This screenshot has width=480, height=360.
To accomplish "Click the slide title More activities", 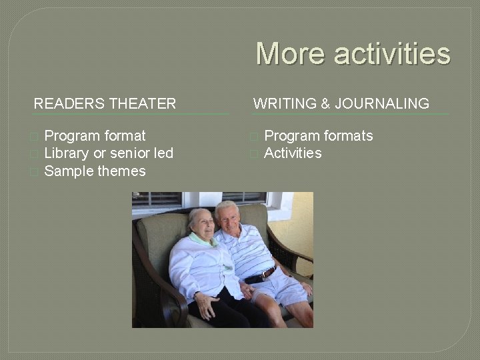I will pos(353,54).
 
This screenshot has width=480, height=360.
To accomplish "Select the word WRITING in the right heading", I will pos(285,104).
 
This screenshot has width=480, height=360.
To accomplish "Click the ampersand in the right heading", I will pos(325,104).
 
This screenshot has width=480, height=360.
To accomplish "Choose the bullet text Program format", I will pos(95,136).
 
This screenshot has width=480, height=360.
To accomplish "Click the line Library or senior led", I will pos(109,153).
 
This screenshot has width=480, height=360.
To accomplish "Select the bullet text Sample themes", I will pos(95,171).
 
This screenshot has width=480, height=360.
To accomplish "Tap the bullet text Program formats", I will pos(319,136).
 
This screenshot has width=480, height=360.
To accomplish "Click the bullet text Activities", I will pos(293,153).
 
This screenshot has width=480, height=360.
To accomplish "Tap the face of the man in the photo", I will pos(228,217).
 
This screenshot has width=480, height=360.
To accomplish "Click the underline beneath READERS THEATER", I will pos(130,114).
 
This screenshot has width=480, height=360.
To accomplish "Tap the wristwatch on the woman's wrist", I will pos(198,294).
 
